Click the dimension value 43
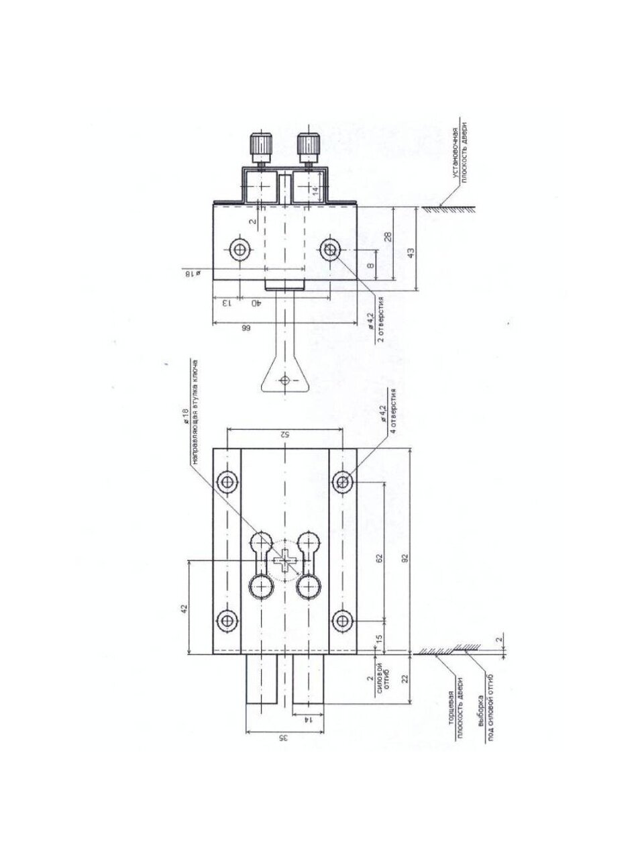411,252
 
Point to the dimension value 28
388,237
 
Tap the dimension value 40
256,302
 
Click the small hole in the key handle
286,381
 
